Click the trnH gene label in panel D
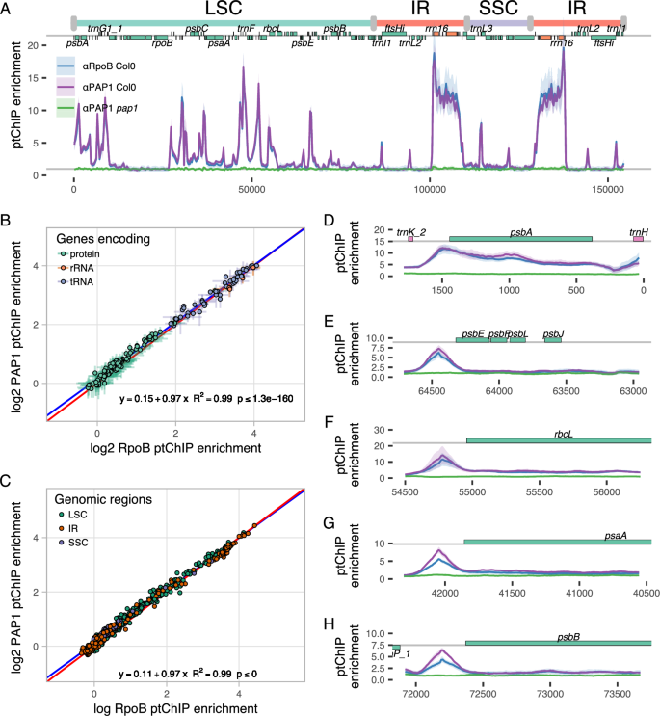[639, 231]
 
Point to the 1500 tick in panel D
[442, 289]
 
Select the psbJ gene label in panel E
[553, 333]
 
